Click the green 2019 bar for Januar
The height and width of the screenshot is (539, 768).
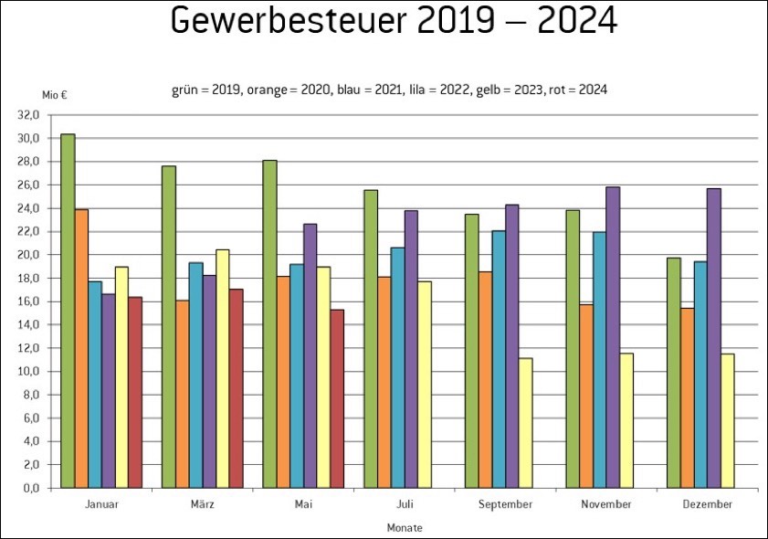coord(68,311)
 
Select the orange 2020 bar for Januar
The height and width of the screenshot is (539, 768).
coord(81,348)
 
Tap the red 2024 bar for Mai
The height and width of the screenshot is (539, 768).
coord(337,398)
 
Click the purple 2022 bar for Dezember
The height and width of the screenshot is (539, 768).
coord(714,338)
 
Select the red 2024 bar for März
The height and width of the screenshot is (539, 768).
coord(236,388)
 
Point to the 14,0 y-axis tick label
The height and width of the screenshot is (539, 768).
coord(31,324)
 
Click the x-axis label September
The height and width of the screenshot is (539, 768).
coord(505,504)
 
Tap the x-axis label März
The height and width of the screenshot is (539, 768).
coord(202,504)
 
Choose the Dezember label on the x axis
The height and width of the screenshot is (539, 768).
coord(707,504)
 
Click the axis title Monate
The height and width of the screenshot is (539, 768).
coord(405,528)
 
